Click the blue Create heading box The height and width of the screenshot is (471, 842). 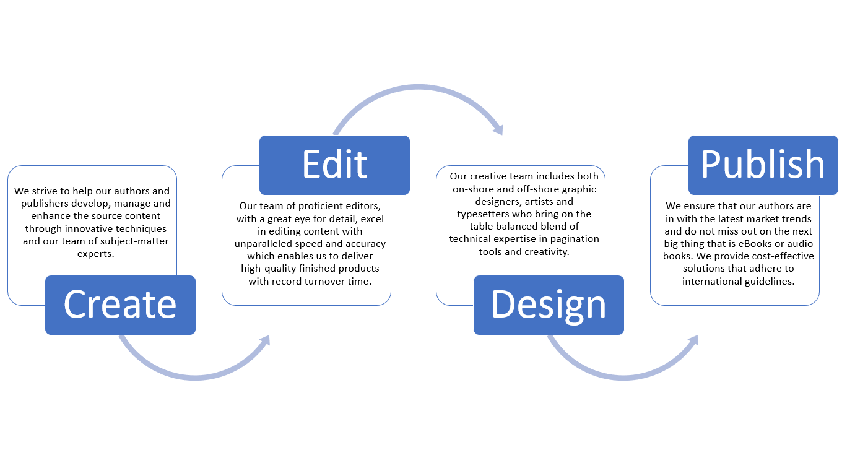pos(120,305)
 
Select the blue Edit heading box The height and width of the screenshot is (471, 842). pos(334,165)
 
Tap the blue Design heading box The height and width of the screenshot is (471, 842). pos(549,305)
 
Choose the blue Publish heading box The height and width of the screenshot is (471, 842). pos(763,165)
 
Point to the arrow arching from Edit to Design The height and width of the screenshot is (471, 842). pos(418,89)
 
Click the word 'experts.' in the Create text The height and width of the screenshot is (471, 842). pos(96,253)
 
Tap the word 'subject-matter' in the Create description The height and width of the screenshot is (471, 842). pos(136,241)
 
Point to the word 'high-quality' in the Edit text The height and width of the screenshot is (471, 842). pos(269,268)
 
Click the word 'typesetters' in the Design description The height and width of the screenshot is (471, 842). pos(482,214)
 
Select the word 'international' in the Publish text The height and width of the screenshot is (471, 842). pos(713,281)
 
